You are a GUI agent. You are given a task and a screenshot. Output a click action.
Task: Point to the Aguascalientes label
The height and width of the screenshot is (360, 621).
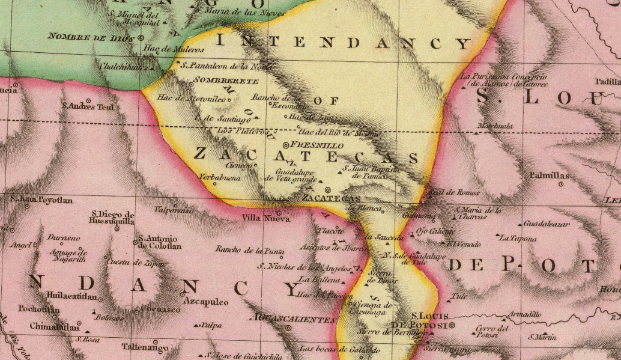[x=294, y=320]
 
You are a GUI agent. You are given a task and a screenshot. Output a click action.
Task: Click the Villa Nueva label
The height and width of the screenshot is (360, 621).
[x=256, y=218]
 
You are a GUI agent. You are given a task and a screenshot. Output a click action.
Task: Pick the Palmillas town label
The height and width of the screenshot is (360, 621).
[x=549, y=175]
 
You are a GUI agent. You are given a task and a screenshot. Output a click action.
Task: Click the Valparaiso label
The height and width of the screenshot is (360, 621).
[x=174, y=211]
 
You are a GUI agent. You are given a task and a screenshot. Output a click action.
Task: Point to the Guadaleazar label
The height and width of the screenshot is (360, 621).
[x=546, y=224]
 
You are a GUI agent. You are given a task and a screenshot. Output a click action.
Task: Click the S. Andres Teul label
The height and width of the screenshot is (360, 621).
[x=88, y=107]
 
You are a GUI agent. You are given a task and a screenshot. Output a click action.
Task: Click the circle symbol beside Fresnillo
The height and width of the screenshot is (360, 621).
[x=286, y=145]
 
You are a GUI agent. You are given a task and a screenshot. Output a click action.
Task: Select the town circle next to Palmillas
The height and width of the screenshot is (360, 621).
[x=561, y=185]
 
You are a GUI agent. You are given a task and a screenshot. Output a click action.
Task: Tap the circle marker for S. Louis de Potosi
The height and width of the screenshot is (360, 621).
[x=452, y=325]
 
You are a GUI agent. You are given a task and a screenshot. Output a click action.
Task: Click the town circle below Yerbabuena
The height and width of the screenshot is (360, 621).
[x=214, y=184]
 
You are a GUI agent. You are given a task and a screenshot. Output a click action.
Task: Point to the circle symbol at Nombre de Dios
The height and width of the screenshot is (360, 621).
[x=141, y=37]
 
